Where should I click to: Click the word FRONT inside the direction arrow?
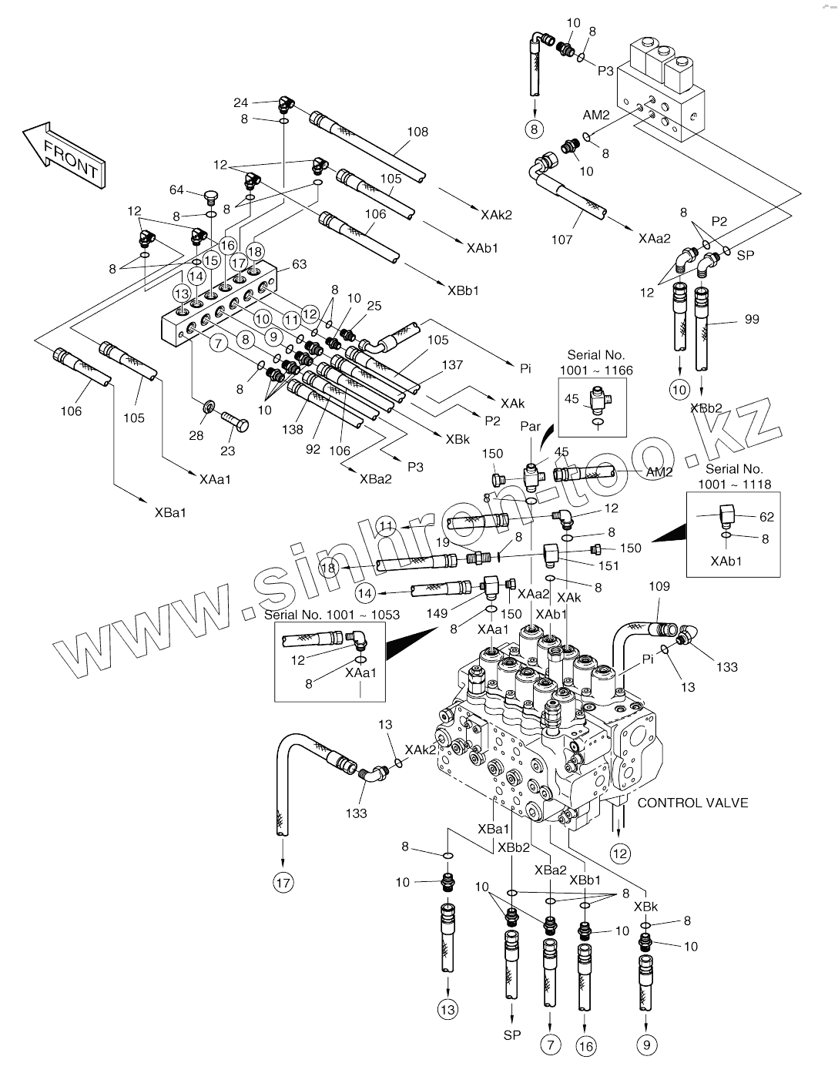point(71,159)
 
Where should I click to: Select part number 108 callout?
point(417,132)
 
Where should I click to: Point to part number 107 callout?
point(561,240)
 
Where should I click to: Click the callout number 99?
point(752,319)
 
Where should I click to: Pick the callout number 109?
point(659,586)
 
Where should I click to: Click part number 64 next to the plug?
point(176,190)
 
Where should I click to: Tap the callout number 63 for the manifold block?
point(299,264)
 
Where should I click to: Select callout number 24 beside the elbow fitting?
point(240,102)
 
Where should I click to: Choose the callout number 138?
point(292,430)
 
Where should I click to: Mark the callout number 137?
point(452,365)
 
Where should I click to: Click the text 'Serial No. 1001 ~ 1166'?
point(596,363)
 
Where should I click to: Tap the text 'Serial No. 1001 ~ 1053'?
point(332,615)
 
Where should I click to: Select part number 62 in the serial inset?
point(766,517)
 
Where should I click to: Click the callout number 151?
point(608,565)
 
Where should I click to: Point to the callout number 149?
point(437,613)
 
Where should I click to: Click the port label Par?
point(531,426)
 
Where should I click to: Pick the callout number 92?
point(313,449)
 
